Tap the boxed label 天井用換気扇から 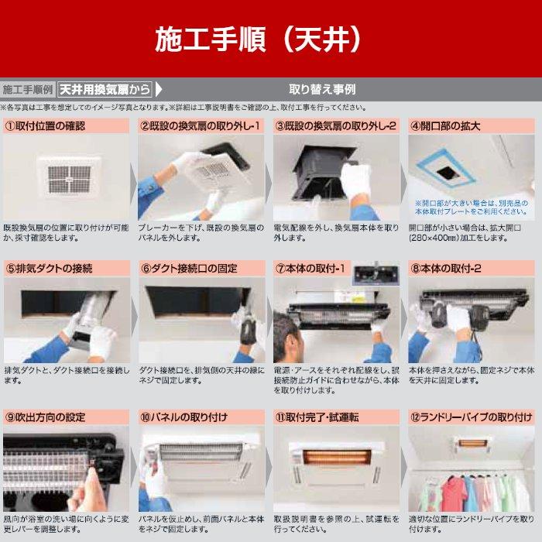click(105, 89)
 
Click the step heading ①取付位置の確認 click(46, 125)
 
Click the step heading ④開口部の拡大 click(445, 125)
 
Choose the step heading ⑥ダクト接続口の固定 click(189, 269)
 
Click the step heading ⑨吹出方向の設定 click(46, 417)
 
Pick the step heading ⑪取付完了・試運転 click(317, 417)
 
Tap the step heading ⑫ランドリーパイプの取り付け click(472, 417)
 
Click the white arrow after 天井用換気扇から click(159, 89)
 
